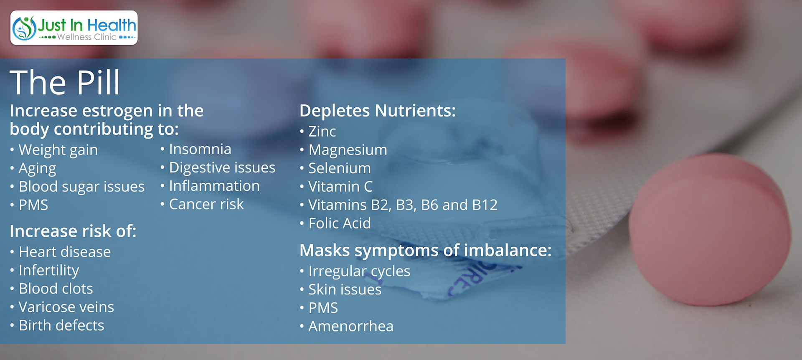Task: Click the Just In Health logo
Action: [x=74, y=28]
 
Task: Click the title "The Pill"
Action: [x=65, y=82]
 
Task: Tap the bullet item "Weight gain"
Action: [x=58, y=150]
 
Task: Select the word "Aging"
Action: [x=37, y=169]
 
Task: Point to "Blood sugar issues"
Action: [x=81, y=187]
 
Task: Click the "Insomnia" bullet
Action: [x=200, y=149]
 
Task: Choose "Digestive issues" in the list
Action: [x=222, y=167]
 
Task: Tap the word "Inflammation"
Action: [x=214, y=186]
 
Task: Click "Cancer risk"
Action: [x=206, y=204]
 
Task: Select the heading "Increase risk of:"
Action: [x=73, y=231]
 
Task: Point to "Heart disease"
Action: [x=65, y=252]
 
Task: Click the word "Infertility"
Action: [x=49, y=271]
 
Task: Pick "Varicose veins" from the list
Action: [x=66, y=307]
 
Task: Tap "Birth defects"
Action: [x=61, y=325]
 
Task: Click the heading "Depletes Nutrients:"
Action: [x=378, y=111]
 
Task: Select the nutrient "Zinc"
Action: [x=322, y=132]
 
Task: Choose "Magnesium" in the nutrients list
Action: [x=348, y=150]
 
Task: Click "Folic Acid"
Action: [x=340, y=223]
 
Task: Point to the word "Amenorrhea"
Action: [x=351, y=326]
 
